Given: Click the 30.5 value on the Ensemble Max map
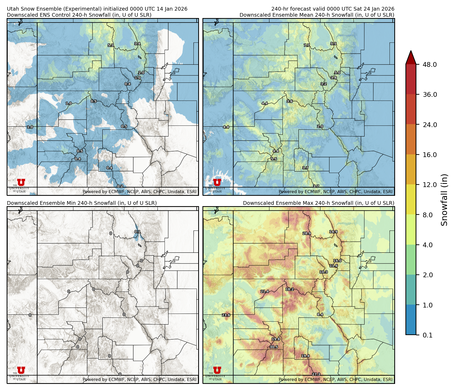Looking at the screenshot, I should click(274, 347).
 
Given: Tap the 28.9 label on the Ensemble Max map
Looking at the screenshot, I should click(307, 233).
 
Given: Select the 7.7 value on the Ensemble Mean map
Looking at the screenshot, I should click(307, 45).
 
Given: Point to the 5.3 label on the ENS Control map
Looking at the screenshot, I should click(111, 45).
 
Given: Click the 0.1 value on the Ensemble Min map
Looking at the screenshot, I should click(137, 232).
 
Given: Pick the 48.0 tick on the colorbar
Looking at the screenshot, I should click(430, 64).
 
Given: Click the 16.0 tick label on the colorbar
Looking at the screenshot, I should click(430, 155).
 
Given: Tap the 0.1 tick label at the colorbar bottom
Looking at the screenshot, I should click(427, 335).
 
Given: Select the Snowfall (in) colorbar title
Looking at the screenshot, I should click(444, 200).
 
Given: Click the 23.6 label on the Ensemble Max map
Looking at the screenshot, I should click(226, 315).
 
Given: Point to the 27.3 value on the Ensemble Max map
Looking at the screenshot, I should click(316, 374).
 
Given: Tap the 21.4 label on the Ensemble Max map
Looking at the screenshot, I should click(264, 291).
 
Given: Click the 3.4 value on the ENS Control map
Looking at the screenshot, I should click(137, 44).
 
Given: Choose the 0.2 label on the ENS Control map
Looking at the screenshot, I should click(120, 186).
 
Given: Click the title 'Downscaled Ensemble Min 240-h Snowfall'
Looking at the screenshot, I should click(82, 203).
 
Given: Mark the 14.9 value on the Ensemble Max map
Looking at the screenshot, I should click(333, 232).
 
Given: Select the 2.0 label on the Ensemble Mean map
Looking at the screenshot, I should click(320, 127).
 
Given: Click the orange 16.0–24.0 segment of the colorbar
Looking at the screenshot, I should click(411, 140).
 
